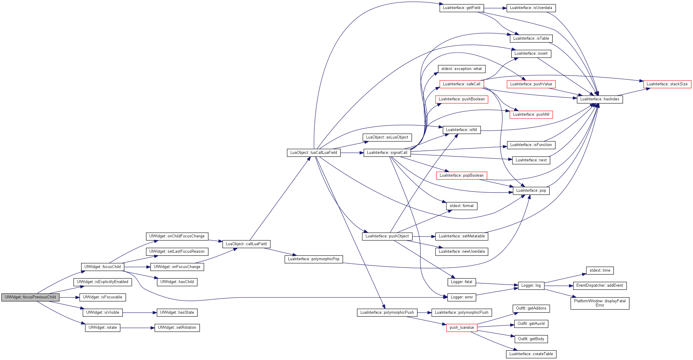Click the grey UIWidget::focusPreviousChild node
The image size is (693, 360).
point(30,297)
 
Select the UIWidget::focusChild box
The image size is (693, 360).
point(102,267)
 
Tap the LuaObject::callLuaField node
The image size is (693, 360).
point(246,244)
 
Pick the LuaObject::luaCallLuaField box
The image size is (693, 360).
point(314,153)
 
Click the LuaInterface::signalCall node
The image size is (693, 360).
point(387,153)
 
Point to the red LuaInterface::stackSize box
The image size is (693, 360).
point(667,84)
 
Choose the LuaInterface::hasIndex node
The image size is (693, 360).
point(600,99)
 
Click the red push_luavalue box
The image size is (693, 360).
point(462,328)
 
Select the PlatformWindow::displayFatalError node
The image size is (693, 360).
point(600,303)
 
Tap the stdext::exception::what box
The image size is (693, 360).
point(462,69)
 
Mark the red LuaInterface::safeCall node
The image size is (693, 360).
point(462,84)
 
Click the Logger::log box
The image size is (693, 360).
point(531,285)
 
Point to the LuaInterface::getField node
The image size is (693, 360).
point(462,8)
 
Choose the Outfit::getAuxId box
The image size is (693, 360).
point(531,324)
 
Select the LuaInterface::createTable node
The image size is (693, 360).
point(531,354)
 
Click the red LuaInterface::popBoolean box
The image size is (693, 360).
point(462,175)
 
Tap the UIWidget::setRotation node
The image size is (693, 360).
point(177,328)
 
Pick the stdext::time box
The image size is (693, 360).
point(600,270)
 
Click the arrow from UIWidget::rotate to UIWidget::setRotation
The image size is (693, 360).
point(138,328)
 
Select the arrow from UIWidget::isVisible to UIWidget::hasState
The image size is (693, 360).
point(140,313)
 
